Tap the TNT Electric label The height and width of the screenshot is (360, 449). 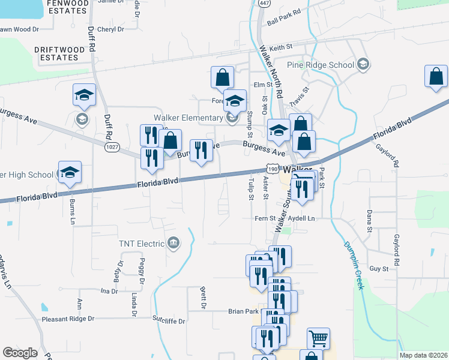[142, 244]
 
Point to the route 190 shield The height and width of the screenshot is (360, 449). [273, 170]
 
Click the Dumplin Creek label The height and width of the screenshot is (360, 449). [353, 265]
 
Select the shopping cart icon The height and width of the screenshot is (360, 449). [318, 338]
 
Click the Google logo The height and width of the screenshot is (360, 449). [20, 352]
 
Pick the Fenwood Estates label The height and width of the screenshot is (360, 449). [68, 7]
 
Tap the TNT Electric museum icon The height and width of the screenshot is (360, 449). [173, 243]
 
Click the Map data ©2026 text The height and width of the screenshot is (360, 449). [424, 355]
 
